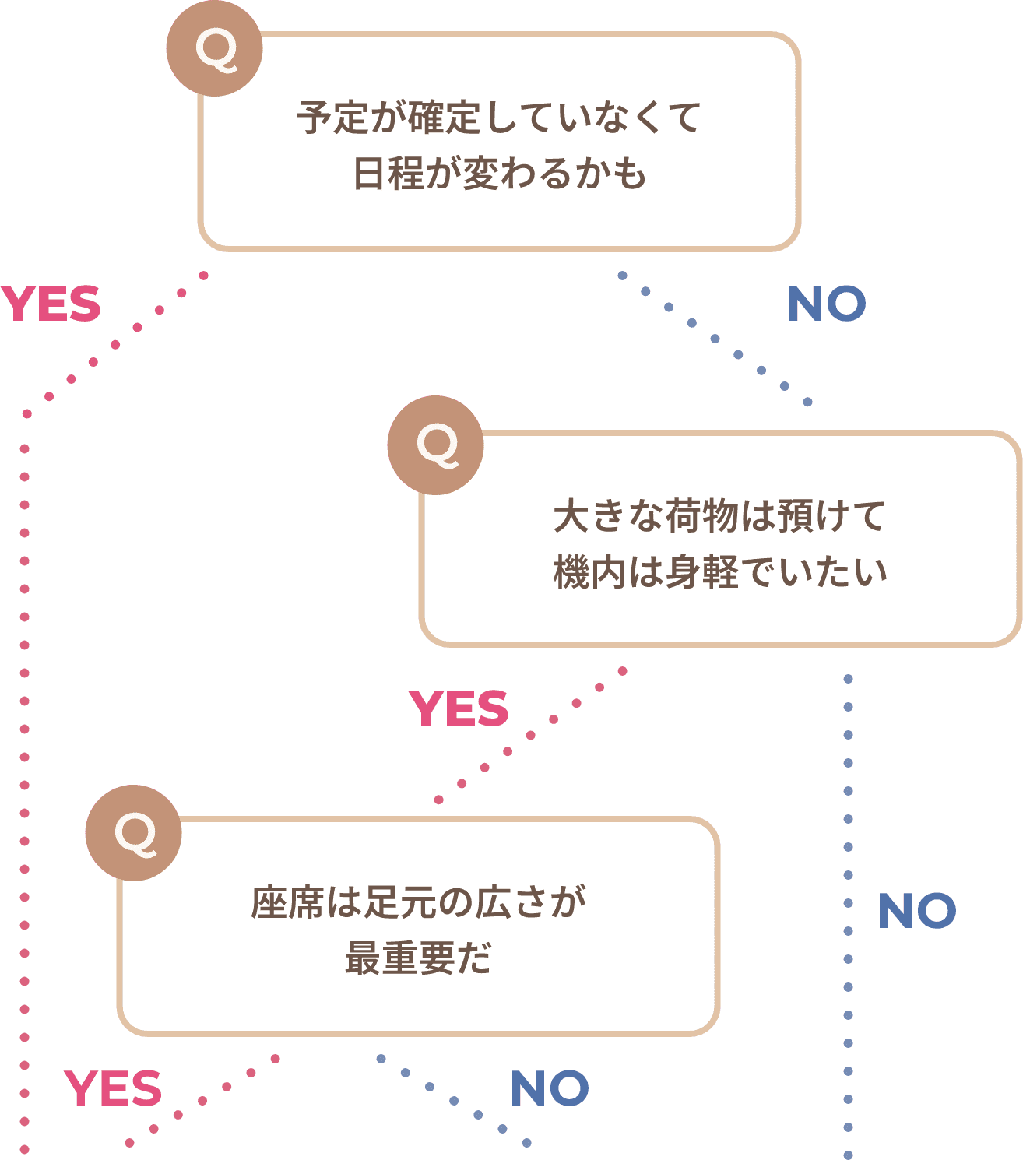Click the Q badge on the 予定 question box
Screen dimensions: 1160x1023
pyautogui.click(x=214, y=48)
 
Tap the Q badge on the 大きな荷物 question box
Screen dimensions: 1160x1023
pyautogui.click(x=435, y=445)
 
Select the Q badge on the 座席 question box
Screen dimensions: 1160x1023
pyautogui.click(x=133, y=832)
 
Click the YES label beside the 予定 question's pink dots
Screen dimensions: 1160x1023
pyautogui.click(x=51, y=304)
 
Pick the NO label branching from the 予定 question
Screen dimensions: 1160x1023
pyautogui.click(x=827, y=304)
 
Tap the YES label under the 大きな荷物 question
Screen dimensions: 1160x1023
pyautogui.click(x=459, y=708)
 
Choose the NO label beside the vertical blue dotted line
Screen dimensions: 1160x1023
pyautogui.click(x=917, y=911)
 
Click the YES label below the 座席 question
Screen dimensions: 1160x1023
pyautogui.click(x=113, y=1088)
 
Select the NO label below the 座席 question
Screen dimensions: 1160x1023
pyautogui.click(x=550, y=1088)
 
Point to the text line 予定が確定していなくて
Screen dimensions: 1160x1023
pyautogui.click(x=499, y=118)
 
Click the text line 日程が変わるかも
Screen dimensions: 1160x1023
pyautogui.click(x=499, y=174)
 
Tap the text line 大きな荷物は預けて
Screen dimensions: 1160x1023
pyautogui.click(x=719, y=516)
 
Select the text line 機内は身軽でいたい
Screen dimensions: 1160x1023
pyautogui.click(x=719, y=572)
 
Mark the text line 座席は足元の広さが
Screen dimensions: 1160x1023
pyautogui.click(x=418, y=903)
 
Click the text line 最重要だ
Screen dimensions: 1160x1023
pyautogui.click(x=418, y=958)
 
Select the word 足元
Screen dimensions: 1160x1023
pyautogui.click(x=395, y=903)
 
